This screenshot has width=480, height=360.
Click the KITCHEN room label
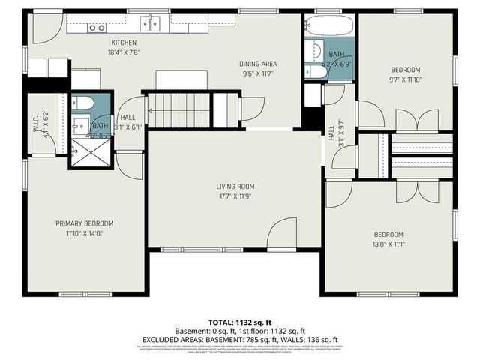click(x=124, y=43)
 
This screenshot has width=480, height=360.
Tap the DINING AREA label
click(x=258, y=64)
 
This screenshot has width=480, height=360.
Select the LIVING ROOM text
click(x=236, y=187)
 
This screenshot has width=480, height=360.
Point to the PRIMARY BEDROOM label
click(x=84, y=223)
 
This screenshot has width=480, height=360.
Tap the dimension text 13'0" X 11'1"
click(x=388, y=244)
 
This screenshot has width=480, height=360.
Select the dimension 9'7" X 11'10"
click(x=406, y=79)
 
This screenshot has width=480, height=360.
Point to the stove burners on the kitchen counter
click(x=97, y=28)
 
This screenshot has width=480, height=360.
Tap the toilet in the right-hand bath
click(x=311, y=72)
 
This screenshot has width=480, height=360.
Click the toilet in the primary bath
click(x=82, y=104)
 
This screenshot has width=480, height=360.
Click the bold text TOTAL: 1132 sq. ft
click(x=239, y=322)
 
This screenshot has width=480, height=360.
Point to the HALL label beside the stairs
click(x=127, y=118)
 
